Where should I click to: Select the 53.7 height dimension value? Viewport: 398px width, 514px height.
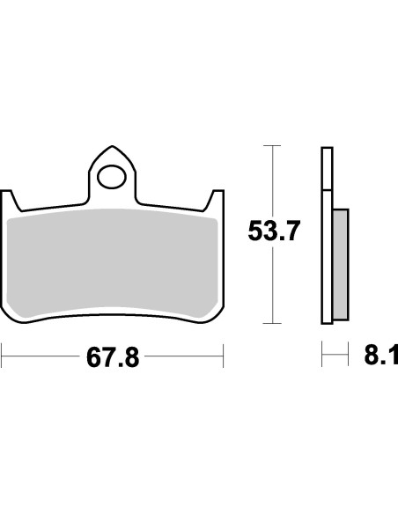(x=273, y=232)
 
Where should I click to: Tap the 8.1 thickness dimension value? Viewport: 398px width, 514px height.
(x=380, y=357)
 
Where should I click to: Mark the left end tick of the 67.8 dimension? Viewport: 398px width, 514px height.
(x=3, y=358)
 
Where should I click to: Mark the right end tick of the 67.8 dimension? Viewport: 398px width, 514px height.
(x=225, y=358)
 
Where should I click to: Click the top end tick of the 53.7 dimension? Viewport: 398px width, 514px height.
(x=273, y=144)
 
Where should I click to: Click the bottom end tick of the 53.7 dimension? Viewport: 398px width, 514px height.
(x=273, y=323)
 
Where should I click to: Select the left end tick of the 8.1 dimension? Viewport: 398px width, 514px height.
(x=322, y=358)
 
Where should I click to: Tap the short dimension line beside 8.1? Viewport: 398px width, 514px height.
(x=332, y=358)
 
